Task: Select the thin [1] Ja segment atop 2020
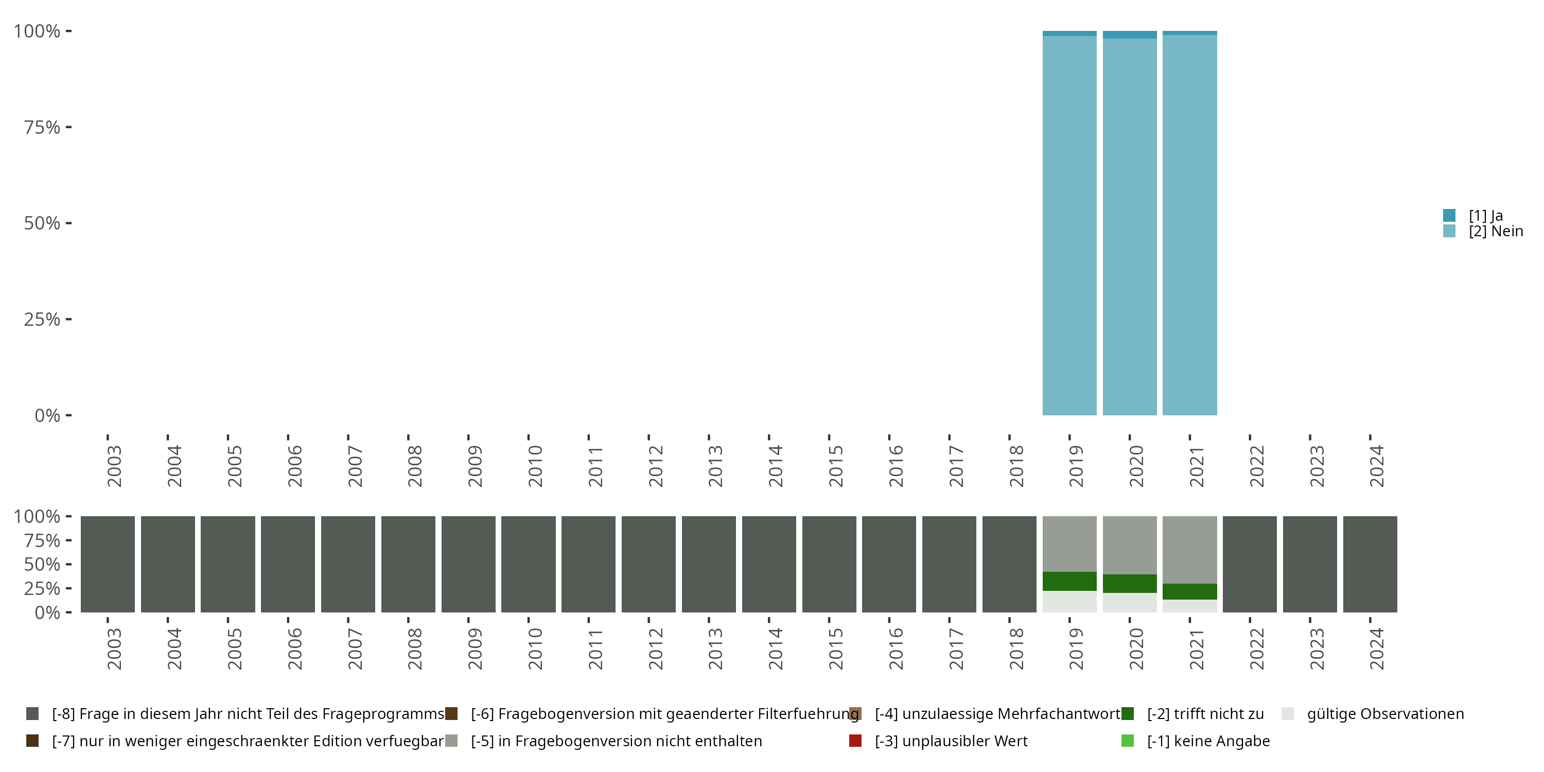[x=1129, y=35]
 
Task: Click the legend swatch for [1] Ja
[x=1449, y=215]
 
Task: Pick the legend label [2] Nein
[x=1496, y=232]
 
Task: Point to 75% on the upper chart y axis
[x=42, y=127]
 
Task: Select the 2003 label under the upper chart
[x=114, y=466]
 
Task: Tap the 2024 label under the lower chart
[x=1377, y=648]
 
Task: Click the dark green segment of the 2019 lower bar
[x=1069, y=582]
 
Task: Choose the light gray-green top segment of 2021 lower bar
[x=1189, y=549]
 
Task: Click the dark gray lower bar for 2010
[x=528, y=564]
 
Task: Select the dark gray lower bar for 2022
[x=1250, y=564]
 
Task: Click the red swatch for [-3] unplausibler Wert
[x=855, y=741]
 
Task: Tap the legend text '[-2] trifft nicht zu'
[x=1205, y=714]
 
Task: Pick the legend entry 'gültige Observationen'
[x=1385, y=714]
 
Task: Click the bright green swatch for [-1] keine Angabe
[x=1128, y=741]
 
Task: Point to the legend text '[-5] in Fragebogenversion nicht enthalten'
[x=616, y=741]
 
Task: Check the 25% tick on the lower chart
[x=42, y=588]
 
